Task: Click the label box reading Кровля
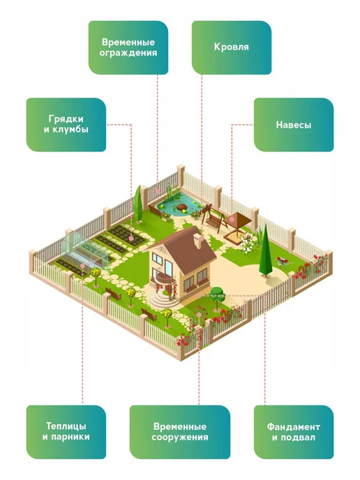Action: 232,47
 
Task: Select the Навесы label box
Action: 294,125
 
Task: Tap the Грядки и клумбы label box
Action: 66,125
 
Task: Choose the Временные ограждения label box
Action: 128,47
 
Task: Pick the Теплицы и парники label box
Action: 66,432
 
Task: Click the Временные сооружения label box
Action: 180,432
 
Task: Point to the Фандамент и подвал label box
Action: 294,432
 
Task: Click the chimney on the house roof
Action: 197,241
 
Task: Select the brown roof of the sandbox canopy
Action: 237,218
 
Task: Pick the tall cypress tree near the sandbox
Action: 265,251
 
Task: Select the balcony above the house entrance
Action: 165,277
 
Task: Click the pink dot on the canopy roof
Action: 232,219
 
